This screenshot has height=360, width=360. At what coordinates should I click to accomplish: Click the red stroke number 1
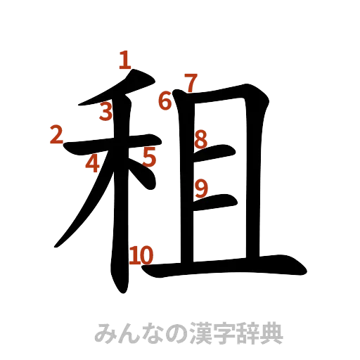click(x=125, y=60)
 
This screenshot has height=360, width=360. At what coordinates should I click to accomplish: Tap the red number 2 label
click(x=56, y=134)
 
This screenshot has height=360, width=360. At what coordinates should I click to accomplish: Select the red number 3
click(x=106, y=112)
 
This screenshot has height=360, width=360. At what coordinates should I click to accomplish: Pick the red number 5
click(x=148, y=157)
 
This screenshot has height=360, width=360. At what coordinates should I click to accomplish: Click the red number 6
click(x=165, y=101)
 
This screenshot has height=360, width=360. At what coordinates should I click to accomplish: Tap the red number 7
click(x=188, y=84)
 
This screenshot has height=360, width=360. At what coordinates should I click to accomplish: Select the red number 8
click(x=200, y=139)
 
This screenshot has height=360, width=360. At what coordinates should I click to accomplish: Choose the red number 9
click(x=201, y=188)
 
